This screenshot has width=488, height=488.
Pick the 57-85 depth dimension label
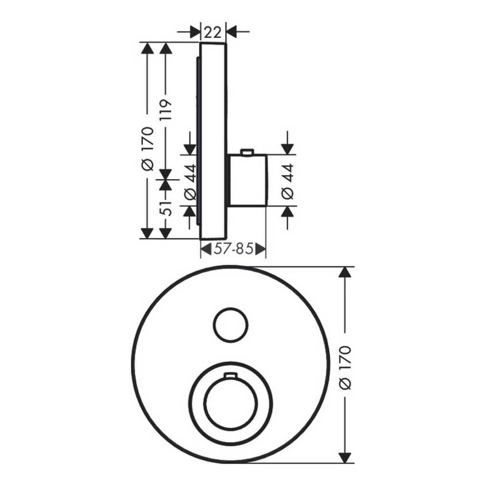point(233,249)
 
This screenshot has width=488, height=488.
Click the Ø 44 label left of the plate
point(190,182)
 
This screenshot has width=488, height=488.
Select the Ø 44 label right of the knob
point(288,182)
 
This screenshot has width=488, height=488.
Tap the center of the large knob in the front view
point(229,402)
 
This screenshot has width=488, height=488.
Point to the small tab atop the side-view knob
point(247,152)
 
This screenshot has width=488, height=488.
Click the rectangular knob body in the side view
point(247,180)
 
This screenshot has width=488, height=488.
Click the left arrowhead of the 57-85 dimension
point(205,249)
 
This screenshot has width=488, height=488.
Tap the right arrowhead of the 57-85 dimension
point(261,249)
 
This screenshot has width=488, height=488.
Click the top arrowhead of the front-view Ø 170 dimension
point(345,272)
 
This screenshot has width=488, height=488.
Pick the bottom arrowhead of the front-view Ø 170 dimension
point(345,457)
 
